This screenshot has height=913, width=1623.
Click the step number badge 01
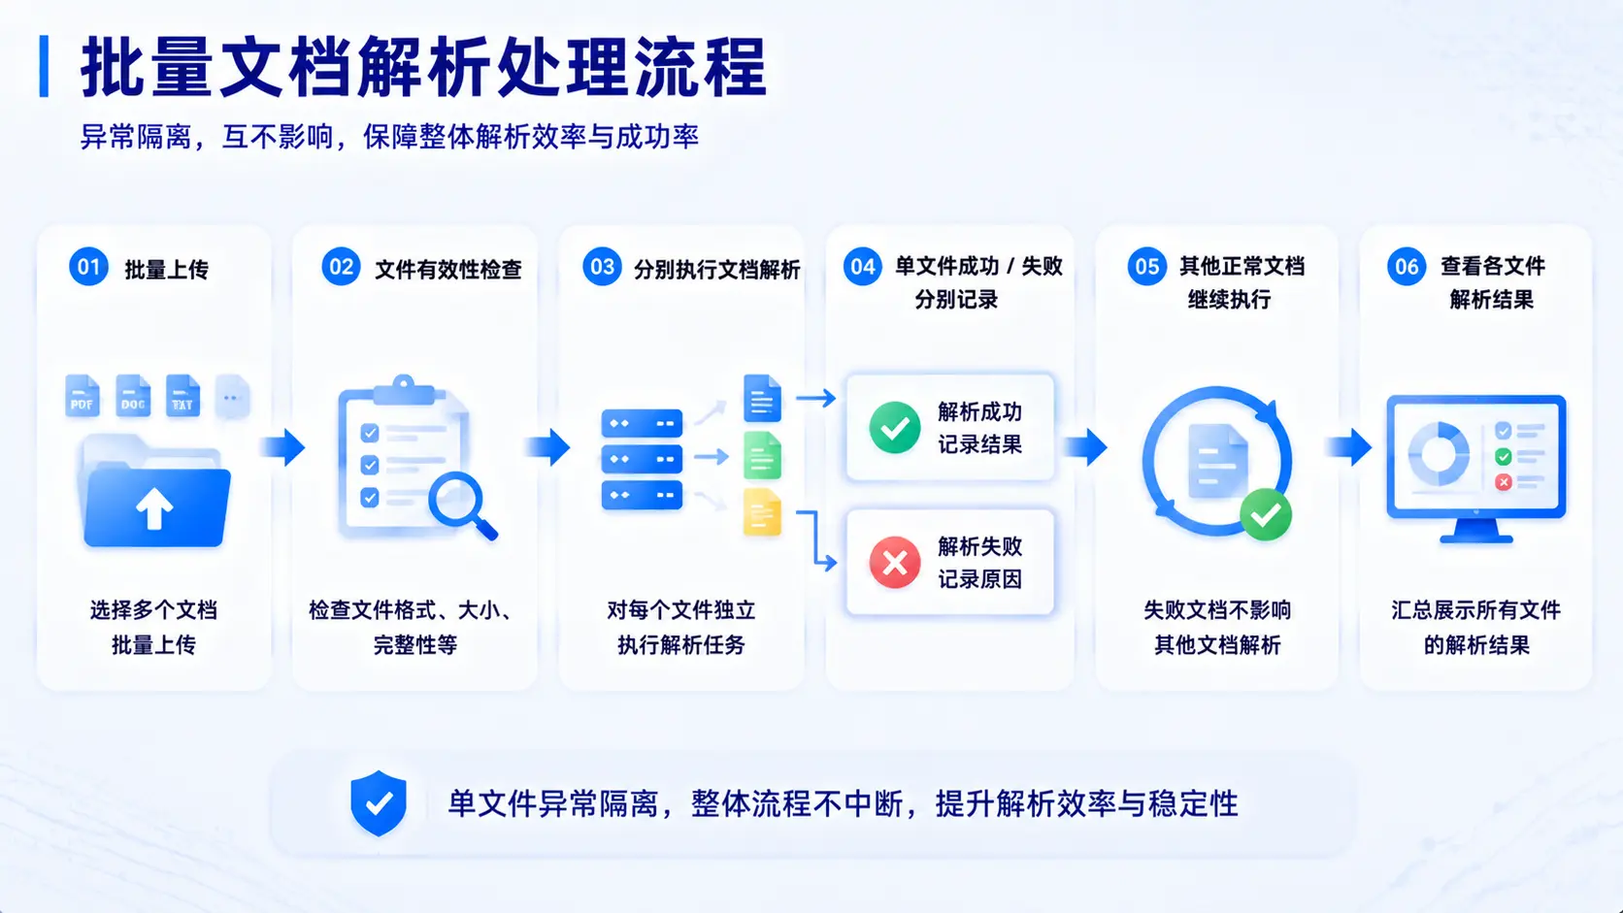[x=88, y=267]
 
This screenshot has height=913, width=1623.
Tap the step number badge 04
[x=862, y=267]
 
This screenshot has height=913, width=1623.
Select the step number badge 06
[x=1407, y=267]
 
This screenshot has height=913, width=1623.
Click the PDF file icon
[x=82, y=395]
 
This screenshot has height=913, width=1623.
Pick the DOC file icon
[x=133, y=395]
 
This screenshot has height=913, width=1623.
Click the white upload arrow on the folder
[x=154, y=507]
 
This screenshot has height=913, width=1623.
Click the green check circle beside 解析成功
[x=895, y=427]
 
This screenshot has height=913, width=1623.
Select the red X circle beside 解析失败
[x=895, y=563]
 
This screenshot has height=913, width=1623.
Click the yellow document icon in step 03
[x=762, y=512]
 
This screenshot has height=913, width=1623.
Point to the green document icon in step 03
[x=762, y=455]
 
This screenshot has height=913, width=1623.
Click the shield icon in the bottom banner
[x=379, y=803]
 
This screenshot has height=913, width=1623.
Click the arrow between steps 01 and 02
[x=283, y=446]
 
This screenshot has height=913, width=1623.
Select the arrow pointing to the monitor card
[x=1349, y=446]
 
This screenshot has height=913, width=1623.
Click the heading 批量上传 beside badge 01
[x=167, y=270]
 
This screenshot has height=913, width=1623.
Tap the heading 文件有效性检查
[x=448, y=270]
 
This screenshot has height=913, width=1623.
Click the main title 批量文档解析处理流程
[x=424, y=67]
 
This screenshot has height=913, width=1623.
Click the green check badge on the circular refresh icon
[x=1266, y=515]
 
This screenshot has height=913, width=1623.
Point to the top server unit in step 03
[x=642, y=424]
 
